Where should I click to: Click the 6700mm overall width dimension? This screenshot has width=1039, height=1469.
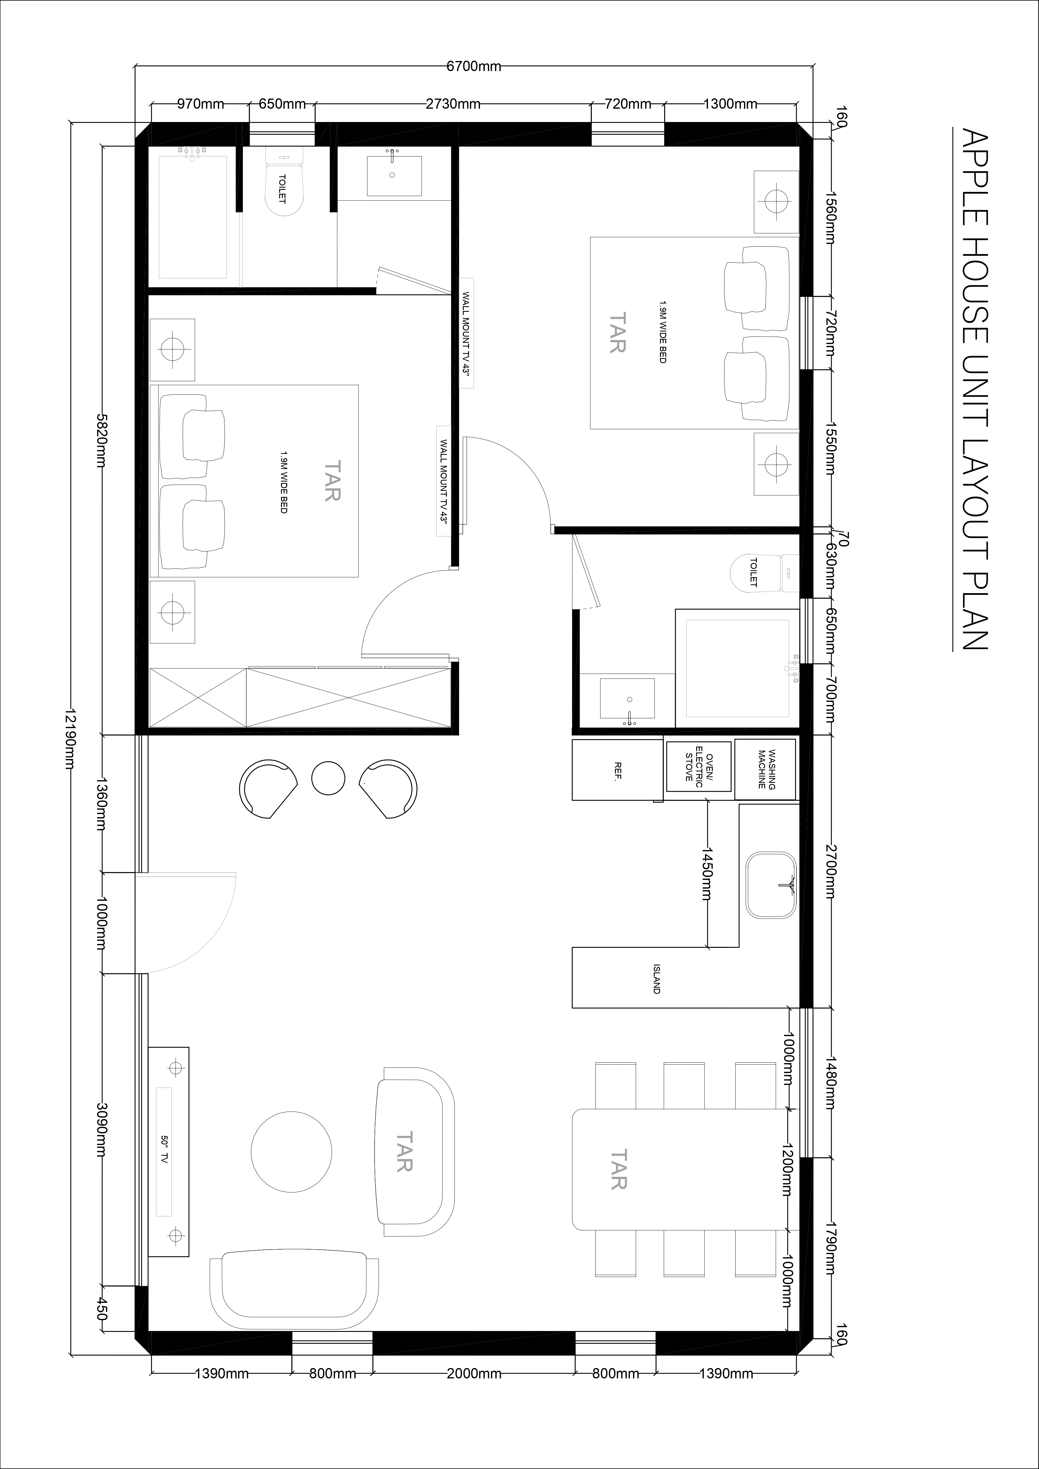[473, 66]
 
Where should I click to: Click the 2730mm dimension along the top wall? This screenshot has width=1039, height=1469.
[453, 104]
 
